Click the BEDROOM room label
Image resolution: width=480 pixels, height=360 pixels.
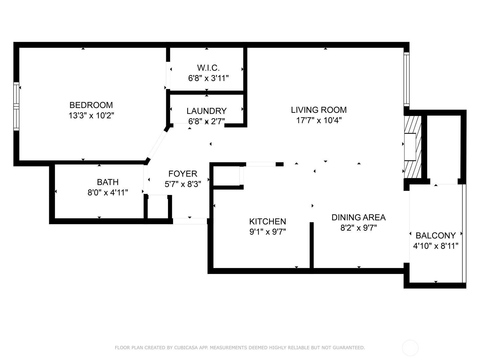[x=91, y=105]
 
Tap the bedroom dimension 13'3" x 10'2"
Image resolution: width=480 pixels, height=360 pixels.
[x=91, y=115]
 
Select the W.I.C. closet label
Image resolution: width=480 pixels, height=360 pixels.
[x=208, y=68]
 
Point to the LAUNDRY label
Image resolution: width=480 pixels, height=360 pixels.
[x=206, y=111]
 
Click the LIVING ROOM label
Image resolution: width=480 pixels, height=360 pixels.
[x=319, y=110]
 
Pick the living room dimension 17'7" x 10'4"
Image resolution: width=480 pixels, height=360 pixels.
[x=319, y=120]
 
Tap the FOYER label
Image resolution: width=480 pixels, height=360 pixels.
[x=183, y=174]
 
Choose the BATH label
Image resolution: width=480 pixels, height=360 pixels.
[x=108, y=182]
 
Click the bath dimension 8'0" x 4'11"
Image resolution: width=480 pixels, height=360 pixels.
[x=108, y=193]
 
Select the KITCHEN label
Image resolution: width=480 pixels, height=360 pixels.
[x=268, y=221]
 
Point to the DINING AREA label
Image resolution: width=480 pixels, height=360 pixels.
[x=358, y=217]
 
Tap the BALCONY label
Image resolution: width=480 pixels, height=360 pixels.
[x=436, y=235]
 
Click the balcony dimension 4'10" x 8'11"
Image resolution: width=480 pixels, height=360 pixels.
[x=436, y=246]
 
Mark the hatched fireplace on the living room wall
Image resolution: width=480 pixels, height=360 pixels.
[x=412, y=147]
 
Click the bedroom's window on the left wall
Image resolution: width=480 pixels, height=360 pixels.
[x=16, y=106]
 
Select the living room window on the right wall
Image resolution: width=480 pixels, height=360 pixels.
[x=406, y=79]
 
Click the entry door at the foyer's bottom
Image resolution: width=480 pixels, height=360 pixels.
[x=190, y=221]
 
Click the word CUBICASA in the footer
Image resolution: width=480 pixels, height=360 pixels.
[x=185, y=347]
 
